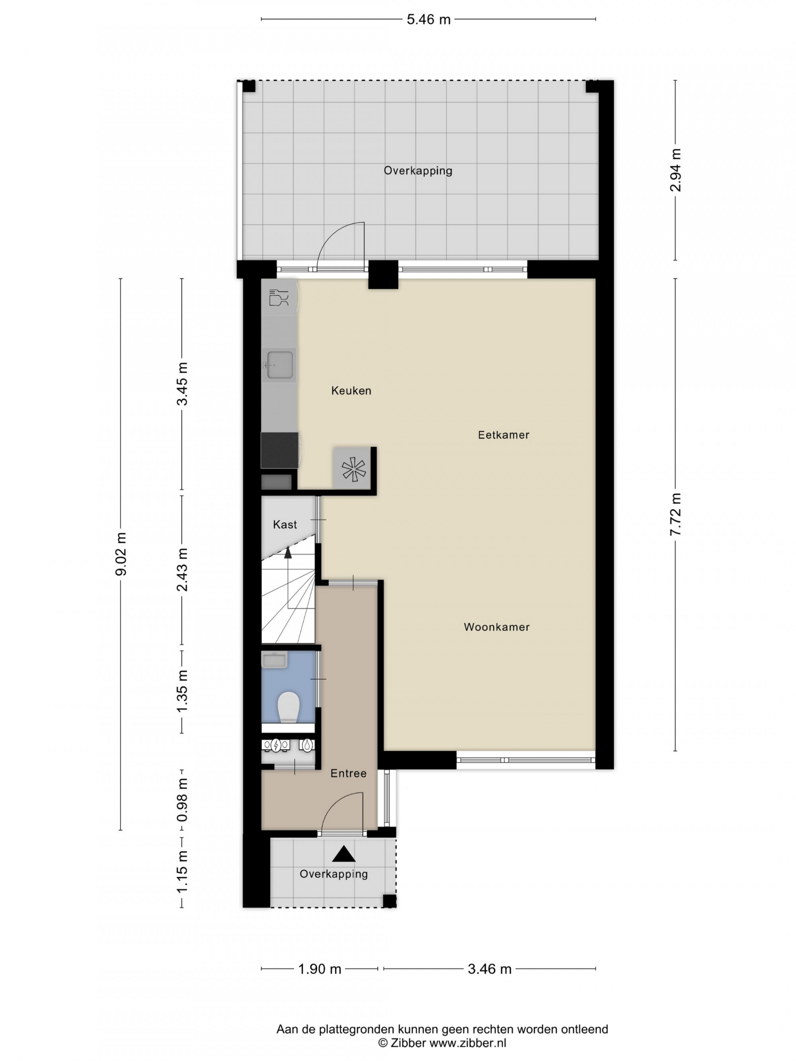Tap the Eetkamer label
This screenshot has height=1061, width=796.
pyautogui.click(x=497, y=430)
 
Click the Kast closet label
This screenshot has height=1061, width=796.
pyautogui.click(x=281, y=518)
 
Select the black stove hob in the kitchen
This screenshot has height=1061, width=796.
pyautogui.click(x=276, y=445)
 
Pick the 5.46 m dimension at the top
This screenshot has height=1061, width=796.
pyautogui.click(x=423, y=19)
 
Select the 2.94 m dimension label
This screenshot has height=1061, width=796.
pyautogui.click(x=667, y=168)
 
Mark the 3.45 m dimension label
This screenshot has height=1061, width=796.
pyautogui.click(x=180, y=379)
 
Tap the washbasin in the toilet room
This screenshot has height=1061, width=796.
pyautogui.click(x=271, y=652)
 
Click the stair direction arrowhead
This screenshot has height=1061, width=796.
pyautogui.click(x=284, y=546)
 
